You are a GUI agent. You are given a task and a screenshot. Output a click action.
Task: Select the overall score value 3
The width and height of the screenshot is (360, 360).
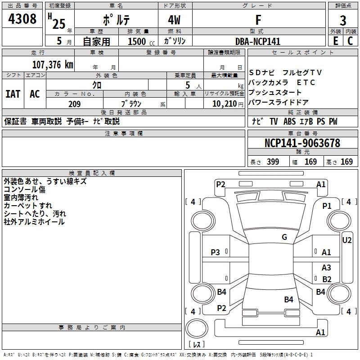343,20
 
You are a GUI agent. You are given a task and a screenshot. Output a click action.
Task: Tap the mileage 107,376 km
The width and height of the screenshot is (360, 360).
53,64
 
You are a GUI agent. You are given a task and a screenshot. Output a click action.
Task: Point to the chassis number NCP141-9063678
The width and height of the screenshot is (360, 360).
302,144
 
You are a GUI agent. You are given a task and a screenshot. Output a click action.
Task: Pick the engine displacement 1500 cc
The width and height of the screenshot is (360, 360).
138,41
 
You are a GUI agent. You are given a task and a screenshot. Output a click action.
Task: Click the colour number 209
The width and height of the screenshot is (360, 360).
74,104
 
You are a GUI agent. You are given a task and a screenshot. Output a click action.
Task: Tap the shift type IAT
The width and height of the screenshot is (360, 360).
13,94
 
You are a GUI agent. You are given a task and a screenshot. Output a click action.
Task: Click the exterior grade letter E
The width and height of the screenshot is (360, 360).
336,41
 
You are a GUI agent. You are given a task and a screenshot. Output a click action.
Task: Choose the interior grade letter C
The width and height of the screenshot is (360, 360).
350,41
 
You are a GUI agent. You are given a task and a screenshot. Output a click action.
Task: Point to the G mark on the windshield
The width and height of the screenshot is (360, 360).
284,237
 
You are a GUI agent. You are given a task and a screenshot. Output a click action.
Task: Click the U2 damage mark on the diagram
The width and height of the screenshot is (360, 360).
347,240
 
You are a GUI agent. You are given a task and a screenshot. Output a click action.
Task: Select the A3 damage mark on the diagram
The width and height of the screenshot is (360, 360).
326,268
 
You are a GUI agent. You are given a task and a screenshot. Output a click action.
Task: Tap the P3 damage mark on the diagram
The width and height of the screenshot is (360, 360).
216,252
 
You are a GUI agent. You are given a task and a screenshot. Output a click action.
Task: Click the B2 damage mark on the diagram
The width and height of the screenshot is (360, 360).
327,279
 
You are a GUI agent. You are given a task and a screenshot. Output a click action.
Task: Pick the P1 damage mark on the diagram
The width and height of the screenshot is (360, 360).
327,206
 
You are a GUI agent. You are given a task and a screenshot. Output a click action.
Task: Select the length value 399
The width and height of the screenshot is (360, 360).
273,162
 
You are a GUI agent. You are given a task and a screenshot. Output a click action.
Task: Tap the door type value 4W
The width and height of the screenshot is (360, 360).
175,20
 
